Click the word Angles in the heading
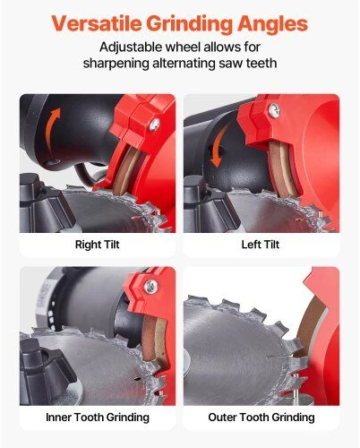point(272,24)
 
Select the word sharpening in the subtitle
point(116,64)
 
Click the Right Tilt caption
point(97,245)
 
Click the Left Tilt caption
point(261,245)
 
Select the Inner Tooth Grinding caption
point(98,417)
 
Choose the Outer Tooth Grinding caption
point(261,417)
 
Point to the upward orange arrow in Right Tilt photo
point(54,129)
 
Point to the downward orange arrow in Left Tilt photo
point(219,146)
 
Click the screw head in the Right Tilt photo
point(154,125)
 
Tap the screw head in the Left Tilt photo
point(274,110)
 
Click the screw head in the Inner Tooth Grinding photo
point(150,287)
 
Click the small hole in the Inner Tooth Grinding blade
point(137,379)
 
